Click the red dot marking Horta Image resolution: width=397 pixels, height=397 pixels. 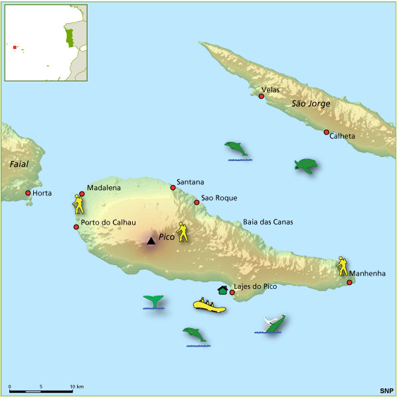pos(28,194)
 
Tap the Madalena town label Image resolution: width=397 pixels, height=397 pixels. pos(104,188)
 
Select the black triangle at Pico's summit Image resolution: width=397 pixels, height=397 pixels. pos(151,241)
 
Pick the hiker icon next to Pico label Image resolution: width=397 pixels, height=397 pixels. pos(182,233)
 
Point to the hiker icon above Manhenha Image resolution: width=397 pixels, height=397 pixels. pos(342,265)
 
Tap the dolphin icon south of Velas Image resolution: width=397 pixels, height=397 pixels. pos(236,149)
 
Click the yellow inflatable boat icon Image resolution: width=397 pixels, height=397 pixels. pos(209,306)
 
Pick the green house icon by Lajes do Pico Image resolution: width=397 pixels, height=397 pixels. pos(222,289)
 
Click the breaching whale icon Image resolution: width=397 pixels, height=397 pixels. pos(272,323)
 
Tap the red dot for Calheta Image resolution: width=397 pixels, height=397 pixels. pos(327,132)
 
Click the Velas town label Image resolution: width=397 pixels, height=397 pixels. pos(271,89)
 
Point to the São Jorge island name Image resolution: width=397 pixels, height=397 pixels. pos(309,103)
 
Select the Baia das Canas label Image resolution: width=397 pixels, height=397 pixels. pos(268,222)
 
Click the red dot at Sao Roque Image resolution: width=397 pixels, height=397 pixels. pos(197,202)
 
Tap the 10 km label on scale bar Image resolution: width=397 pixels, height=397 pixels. pos(75,386)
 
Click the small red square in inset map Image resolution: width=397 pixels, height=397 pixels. pos(14,46)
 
